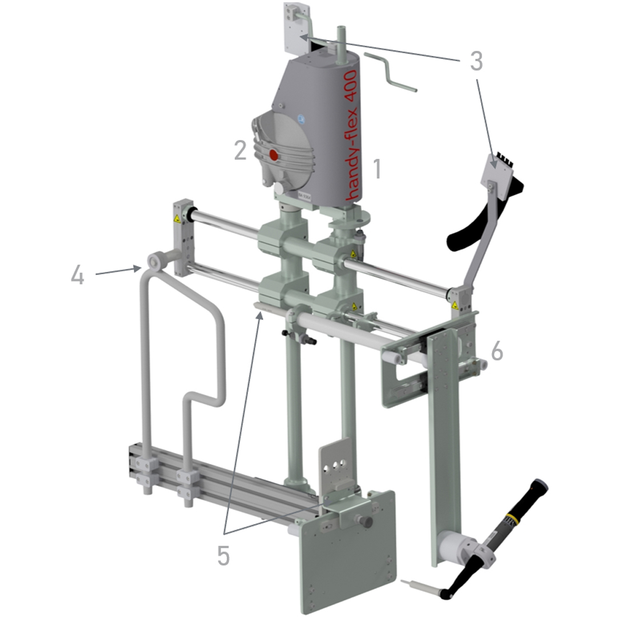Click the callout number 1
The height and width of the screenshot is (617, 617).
(x=377, y=169)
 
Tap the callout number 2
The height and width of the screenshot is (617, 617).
(x=241, y=150)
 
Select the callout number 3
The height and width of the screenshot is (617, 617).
(x=476, y=61)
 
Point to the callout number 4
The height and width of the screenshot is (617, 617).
(x=78, y=275)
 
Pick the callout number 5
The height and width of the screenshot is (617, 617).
(x=223, y=556)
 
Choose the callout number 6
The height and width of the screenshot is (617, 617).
(x=497, y=350)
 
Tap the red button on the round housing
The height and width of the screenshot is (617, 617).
(x=273, y=155)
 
